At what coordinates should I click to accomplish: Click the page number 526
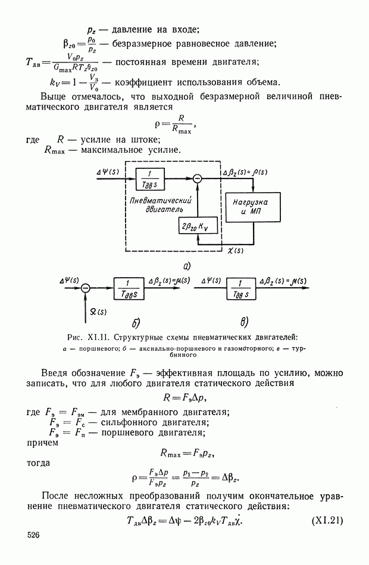click(33, 536)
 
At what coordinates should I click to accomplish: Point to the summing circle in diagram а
click(198, 177)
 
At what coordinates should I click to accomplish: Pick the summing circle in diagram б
click(86, 287)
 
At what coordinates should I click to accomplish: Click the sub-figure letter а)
click(187, 265)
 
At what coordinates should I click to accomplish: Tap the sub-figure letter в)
click(243, 322)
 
